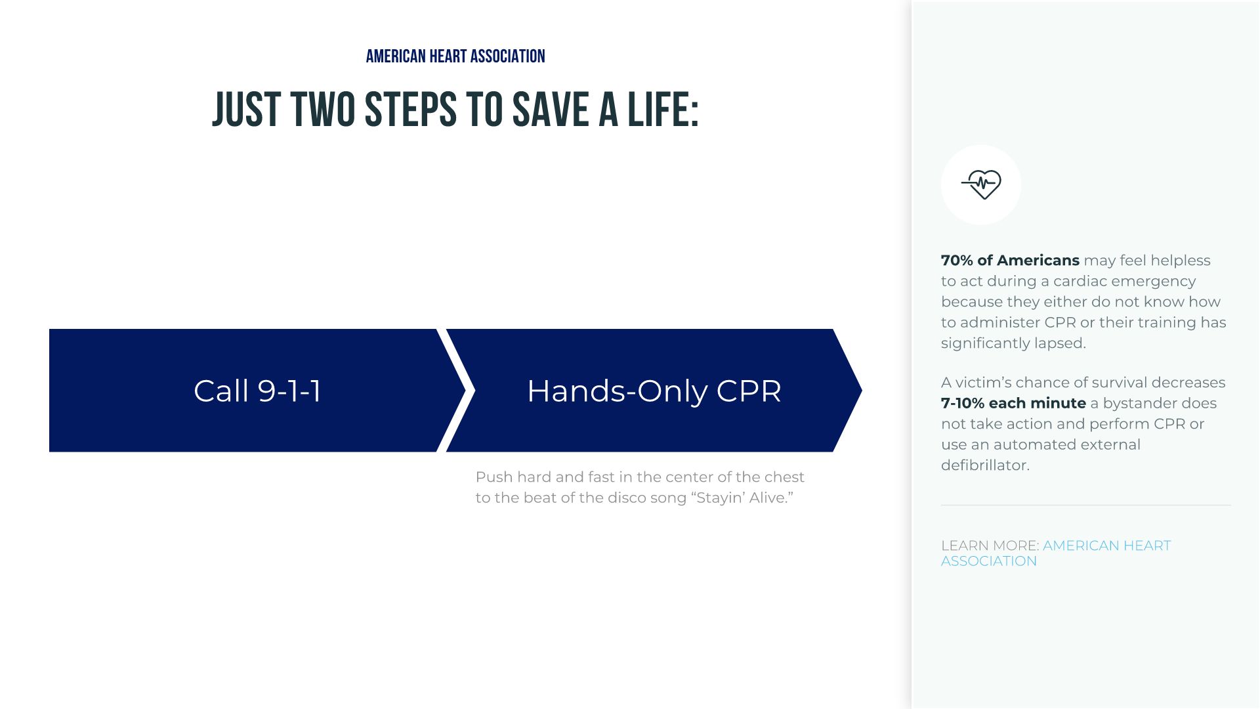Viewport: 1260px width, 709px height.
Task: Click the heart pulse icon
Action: click(981, 184)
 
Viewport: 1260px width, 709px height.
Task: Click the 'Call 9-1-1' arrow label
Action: click(257, 391)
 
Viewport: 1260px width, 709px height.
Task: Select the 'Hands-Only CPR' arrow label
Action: click(654, 391)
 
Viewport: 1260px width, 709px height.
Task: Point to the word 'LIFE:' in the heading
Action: click(663, 110)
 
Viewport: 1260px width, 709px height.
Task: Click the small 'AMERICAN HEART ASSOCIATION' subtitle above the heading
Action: click(455, 56)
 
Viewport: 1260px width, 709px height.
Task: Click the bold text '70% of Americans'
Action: click(1010, 260)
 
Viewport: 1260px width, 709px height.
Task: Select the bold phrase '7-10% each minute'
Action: click(1013, 403)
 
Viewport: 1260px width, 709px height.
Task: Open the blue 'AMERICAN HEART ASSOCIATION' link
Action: click(1056, 553)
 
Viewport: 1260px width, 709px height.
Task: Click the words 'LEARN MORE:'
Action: click(990, 546)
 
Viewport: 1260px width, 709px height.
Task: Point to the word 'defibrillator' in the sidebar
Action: click(985, 465)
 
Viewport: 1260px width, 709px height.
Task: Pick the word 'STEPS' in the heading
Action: click(411, 110)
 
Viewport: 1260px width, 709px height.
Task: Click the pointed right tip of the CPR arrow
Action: click(861, 391)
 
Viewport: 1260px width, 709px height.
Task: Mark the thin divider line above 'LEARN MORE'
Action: click(1085, 505)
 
